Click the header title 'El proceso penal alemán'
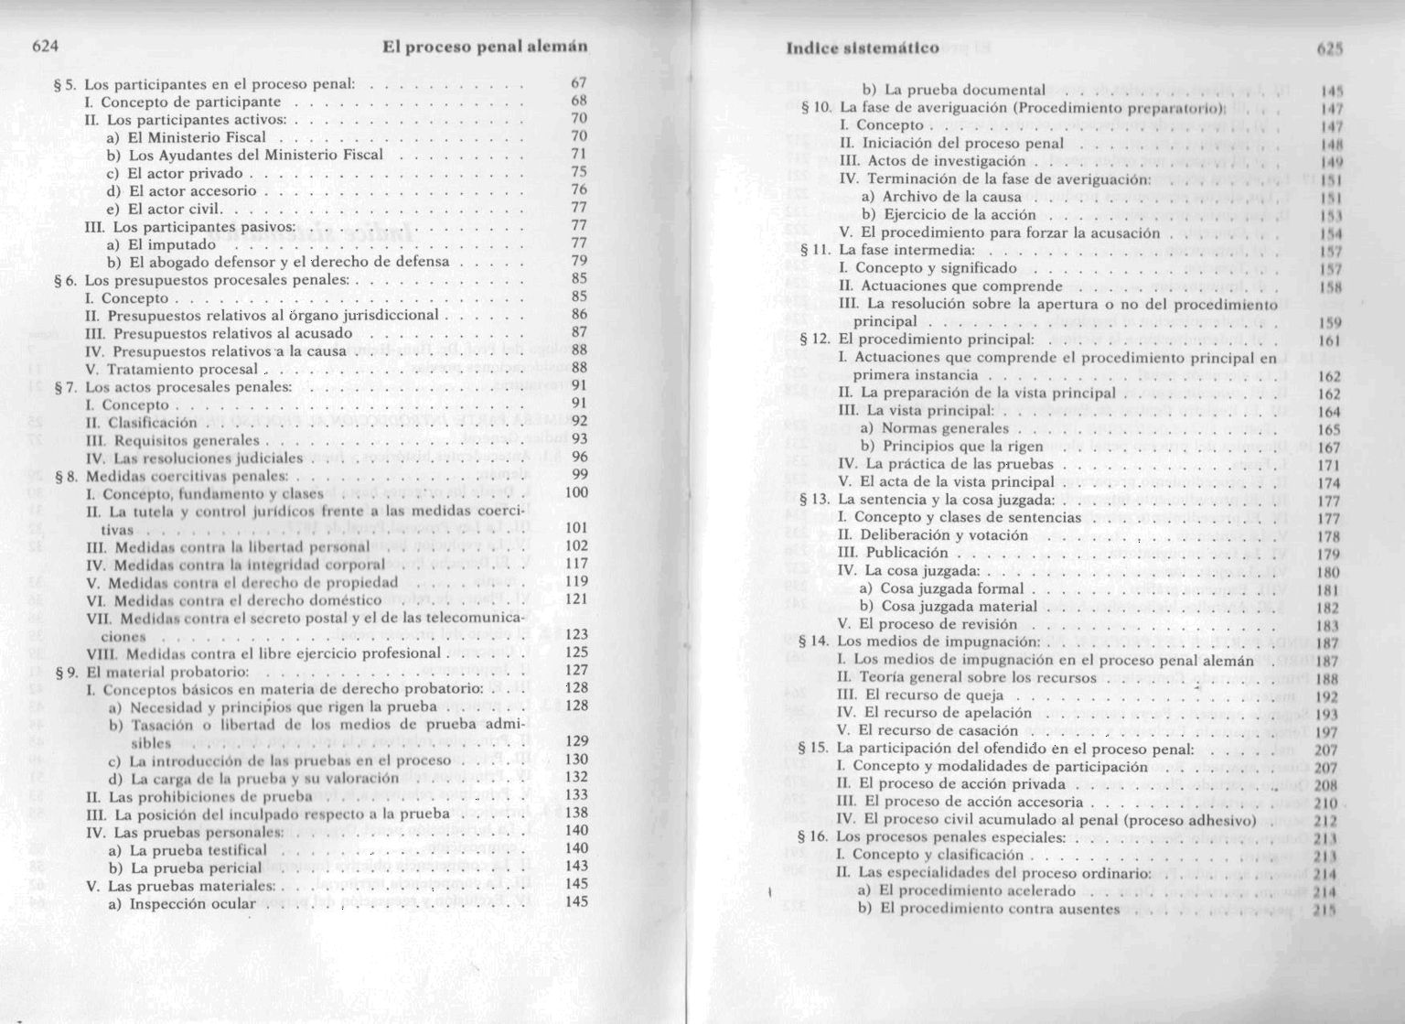coord(484,47)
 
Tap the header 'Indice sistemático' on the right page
coord(863,48)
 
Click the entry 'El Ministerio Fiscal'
coord(197,137)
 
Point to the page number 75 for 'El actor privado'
coord(578,172)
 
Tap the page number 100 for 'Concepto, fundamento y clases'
coord(576,492)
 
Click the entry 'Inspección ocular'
coord(192,903)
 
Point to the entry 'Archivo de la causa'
coord(951,197)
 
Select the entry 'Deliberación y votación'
coord(942,535)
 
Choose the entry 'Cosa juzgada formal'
coord(951,588)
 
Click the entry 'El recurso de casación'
coord(938,730)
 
